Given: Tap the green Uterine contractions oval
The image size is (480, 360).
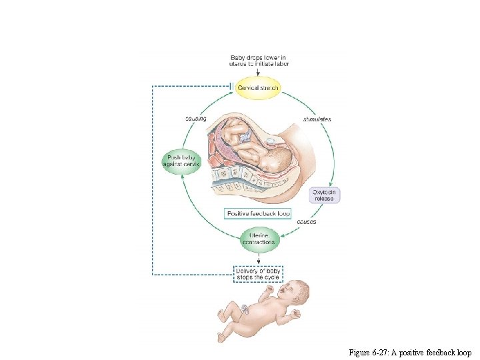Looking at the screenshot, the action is (x=259, y=239).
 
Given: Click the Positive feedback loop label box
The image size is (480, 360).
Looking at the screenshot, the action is (x=258, y=214).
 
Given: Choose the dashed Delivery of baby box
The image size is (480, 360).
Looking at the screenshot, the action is (x=259, y=273).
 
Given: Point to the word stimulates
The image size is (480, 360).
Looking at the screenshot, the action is (x=317, y=119).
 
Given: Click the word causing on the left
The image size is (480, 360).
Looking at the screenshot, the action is (x=195, y=119).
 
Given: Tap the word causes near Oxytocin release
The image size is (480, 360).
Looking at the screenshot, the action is (x=306, y=221).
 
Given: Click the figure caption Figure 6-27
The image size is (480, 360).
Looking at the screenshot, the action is (x=409, y=352).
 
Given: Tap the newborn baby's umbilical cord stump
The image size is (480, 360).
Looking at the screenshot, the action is (x=246, y=308).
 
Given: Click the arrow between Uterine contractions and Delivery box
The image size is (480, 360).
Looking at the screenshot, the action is (x=259, y=258).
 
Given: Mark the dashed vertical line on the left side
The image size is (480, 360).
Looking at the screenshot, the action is (x=153, y=180).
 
